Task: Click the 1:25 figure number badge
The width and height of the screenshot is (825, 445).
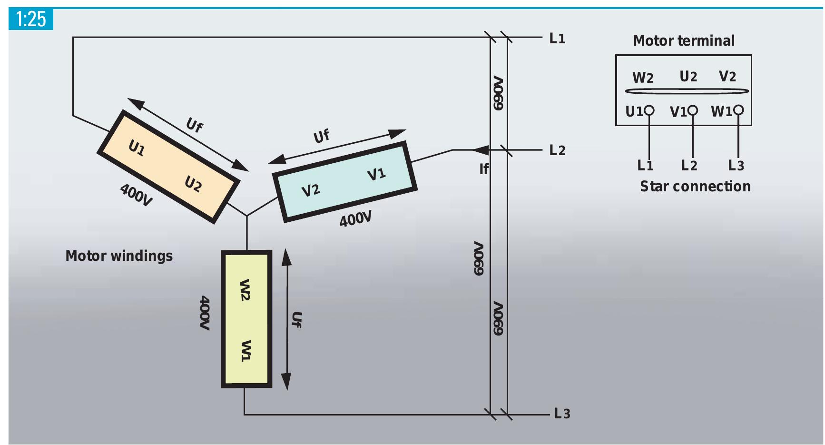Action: [31, 19]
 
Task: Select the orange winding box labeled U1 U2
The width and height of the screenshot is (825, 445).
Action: [168, 167]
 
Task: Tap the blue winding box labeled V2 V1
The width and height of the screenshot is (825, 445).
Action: [344, 182]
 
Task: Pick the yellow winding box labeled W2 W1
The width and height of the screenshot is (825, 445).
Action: [246, 319]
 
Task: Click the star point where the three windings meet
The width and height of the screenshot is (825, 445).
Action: [247, 216]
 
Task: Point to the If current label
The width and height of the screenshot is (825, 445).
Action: [484, 169]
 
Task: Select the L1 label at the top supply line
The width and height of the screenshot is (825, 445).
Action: [557, 39]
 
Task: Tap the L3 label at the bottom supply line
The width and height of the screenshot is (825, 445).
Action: [562, 414]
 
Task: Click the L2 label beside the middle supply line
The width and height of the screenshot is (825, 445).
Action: [557, 150]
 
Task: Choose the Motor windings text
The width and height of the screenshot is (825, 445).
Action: [119, 256]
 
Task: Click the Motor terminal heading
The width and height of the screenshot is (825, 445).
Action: [684, 41]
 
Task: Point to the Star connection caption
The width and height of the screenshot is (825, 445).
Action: [695, 186]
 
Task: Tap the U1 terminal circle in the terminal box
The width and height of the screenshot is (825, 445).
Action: [649, 111]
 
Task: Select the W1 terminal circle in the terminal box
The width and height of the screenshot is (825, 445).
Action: [738, 110]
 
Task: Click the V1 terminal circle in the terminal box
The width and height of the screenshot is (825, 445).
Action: [693, 110]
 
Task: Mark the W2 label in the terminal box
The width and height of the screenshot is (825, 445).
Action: [643, 78]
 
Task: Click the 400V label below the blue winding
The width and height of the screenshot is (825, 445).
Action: [355, 219]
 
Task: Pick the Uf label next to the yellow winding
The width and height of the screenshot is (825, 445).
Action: [296, 319]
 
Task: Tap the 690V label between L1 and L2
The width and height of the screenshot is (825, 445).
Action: [498, 93]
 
